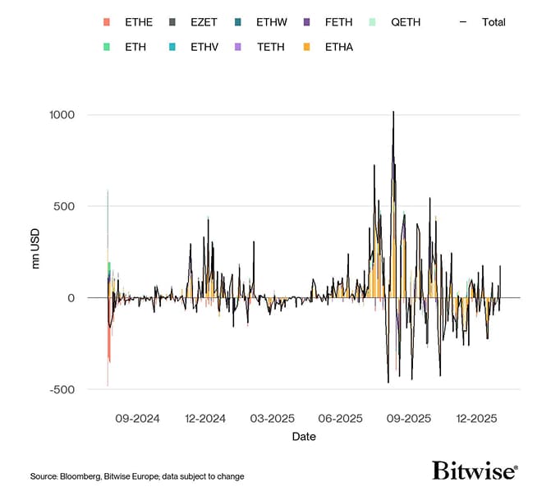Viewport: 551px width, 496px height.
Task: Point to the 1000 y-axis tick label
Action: pos(60,114)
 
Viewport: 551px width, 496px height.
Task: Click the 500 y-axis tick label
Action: pos(64,206)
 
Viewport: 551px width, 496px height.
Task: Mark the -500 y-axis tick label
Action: pos(62,389)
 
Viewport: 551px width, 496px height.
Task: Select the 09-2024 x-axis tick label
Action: pos(138,418)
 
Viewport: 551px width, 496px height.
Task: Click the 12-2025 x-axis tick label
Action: pos(476,418)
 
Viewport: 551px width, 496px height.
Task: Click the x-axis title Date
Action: pos(303,437)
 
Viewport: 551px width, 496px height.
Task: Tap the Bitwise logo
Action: pos(475,470)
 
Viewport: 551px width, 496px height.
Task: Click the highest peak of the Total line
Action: pos(393,112)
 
